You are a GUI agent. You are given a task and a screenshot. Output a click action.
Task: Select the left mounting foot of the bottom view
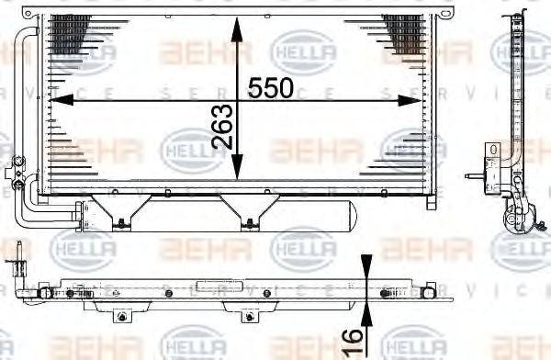pos(118,317)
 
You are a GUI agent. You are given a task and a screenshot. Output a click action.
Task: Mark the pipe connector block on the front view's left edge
pos(16,170)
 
